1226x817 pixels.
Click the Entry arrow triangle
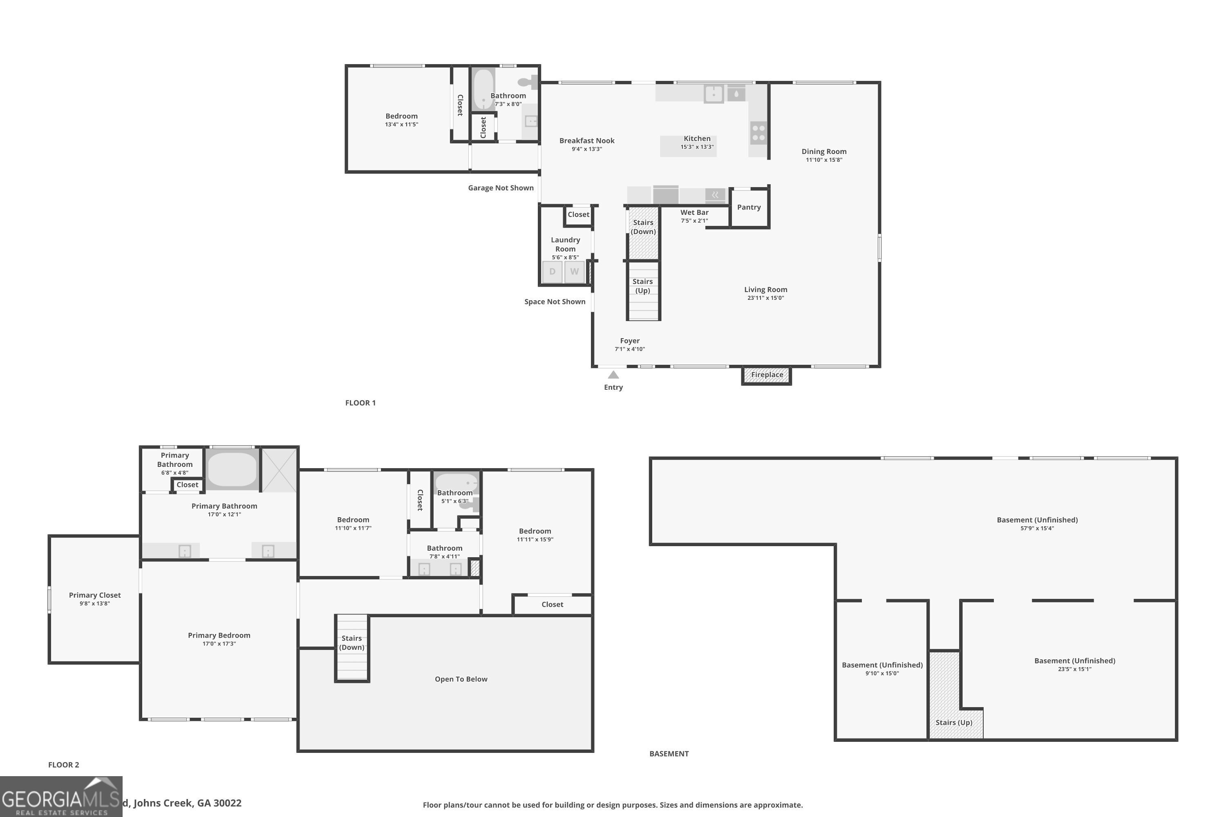pos(613,375)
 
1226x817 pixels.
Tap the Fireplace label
pos(767,375)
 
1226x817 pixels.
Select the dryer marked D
pos(553,272)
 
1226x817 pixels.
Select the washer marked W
pos(575,272)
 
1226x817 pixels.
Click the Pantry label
pos(749,208)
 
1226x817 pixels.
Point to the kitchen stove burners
pos(759,132)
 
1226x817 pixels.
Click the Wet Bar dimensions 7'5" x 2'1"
pos(694,221)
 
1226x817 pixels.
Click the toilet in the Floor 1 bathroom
pos(526,82)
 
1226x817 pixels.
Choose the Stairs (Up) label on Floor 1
pos(643,286)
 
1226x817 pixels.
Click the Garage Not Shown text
pos(500,188)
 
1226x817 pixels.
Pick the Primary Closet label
pos(95,595)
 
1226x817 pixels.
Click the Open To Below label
pos(461,679)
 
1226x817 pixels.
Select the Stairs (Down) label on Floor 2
pos(352,643)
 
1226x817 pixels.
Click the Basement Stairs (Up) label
pos(954,723)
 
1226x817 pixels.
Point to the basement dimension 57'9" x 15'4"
pos(1037,528)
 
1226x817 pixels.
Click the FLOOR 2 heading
pos(64,765)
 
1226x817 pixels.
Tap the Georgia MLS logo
pos(61,797)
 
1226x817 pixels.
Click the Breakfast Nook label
pos(587,141)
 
